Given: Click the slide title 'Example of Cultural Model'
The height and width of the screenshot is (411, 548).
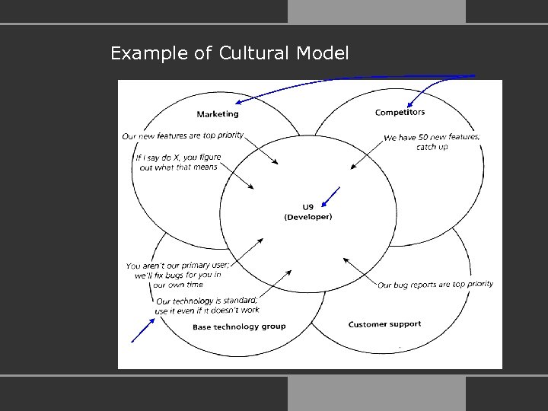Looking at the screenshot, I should coord(229,54).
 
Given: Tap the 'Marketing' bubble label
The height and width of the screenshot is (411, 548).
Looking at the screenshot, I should coord(218,114).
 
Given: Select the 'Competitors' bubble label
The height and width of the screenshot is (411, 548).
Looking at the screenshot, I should coord(400,113).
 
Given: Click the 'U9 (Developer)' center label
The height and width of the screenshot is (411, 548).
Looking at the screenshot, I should coord(307,212).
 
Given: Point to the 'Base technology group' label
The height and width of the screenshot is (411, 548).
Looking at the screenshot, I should coord(239,327).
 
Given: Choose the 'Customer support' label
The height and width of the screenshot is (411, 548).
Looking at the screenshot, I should coord(384,324).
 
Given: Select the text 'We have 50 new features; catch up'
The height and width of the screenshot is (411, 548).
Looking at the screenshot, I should coord(432,142).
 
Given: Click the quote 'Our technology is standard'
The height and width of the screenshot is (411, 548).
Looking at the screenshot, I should coord(206,305).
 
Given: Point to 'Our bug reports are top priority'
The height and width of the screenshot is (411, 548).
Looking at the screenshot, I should coord(435,285).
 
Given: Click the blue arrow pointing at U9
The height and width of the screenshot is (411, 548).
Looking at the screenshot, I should coord(331,196).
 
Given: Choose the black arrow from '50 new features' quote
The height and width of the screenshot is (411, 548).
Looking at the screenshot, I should coord(365,156).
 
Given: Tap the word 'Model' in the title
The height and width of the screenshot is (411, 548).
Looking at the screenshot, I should coord(325,54).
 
